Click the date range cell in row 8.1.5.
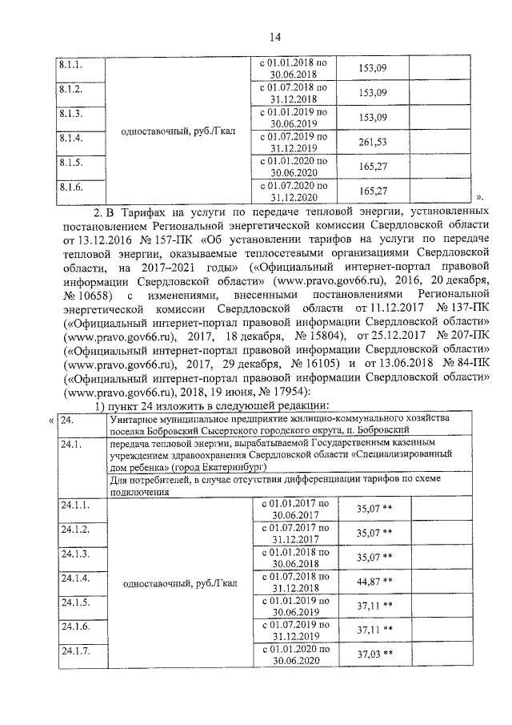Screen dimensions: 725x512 pyautogui.click(x=294, y=167)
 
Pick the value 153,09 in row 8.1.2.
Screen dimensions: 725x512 pyautogui.click(x=373, y=93)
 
